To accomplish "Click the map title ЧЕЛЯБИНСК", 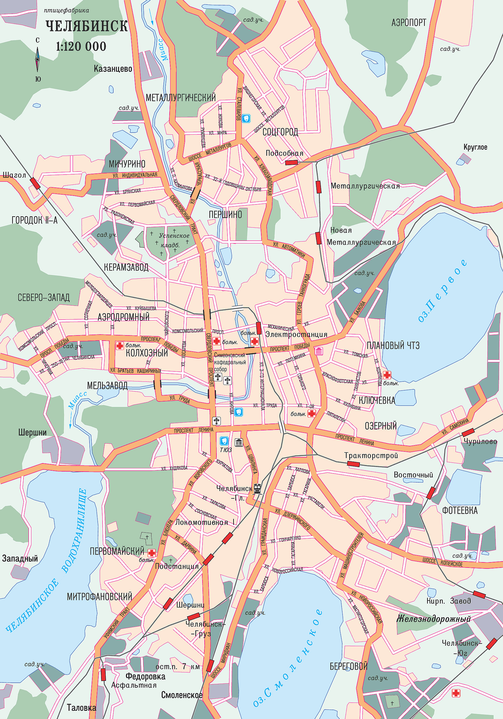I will coord(87,26).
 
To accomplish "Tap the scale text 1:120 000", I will coord(81,47).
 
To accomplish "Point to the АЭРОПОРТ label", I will coord(409,23).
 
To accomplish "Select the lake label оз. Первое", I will coord(443,290).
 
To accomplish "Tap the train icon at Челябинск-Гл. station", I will coord(257,488).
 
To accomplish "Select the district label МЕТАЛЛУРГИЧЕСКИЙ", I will coord(181,98).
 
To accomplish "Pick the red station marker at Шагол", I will coord(35,183).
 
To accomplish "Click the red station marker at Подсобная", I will coord(291,162).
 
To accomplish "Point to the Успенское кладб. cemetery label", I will coord(174,240).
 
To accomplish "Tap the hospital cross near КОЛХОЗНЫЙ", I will coord(119,345).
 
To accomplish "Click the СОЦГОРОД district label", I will coord(280,132).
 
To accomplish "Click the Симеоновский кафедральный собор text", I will coord(230,362).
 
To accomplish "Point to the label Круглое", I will coord(475,147).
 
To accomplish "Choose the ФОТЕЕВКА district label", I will coord(459,511).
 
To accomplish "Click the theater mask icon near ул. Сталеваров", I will coord(246,118).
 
